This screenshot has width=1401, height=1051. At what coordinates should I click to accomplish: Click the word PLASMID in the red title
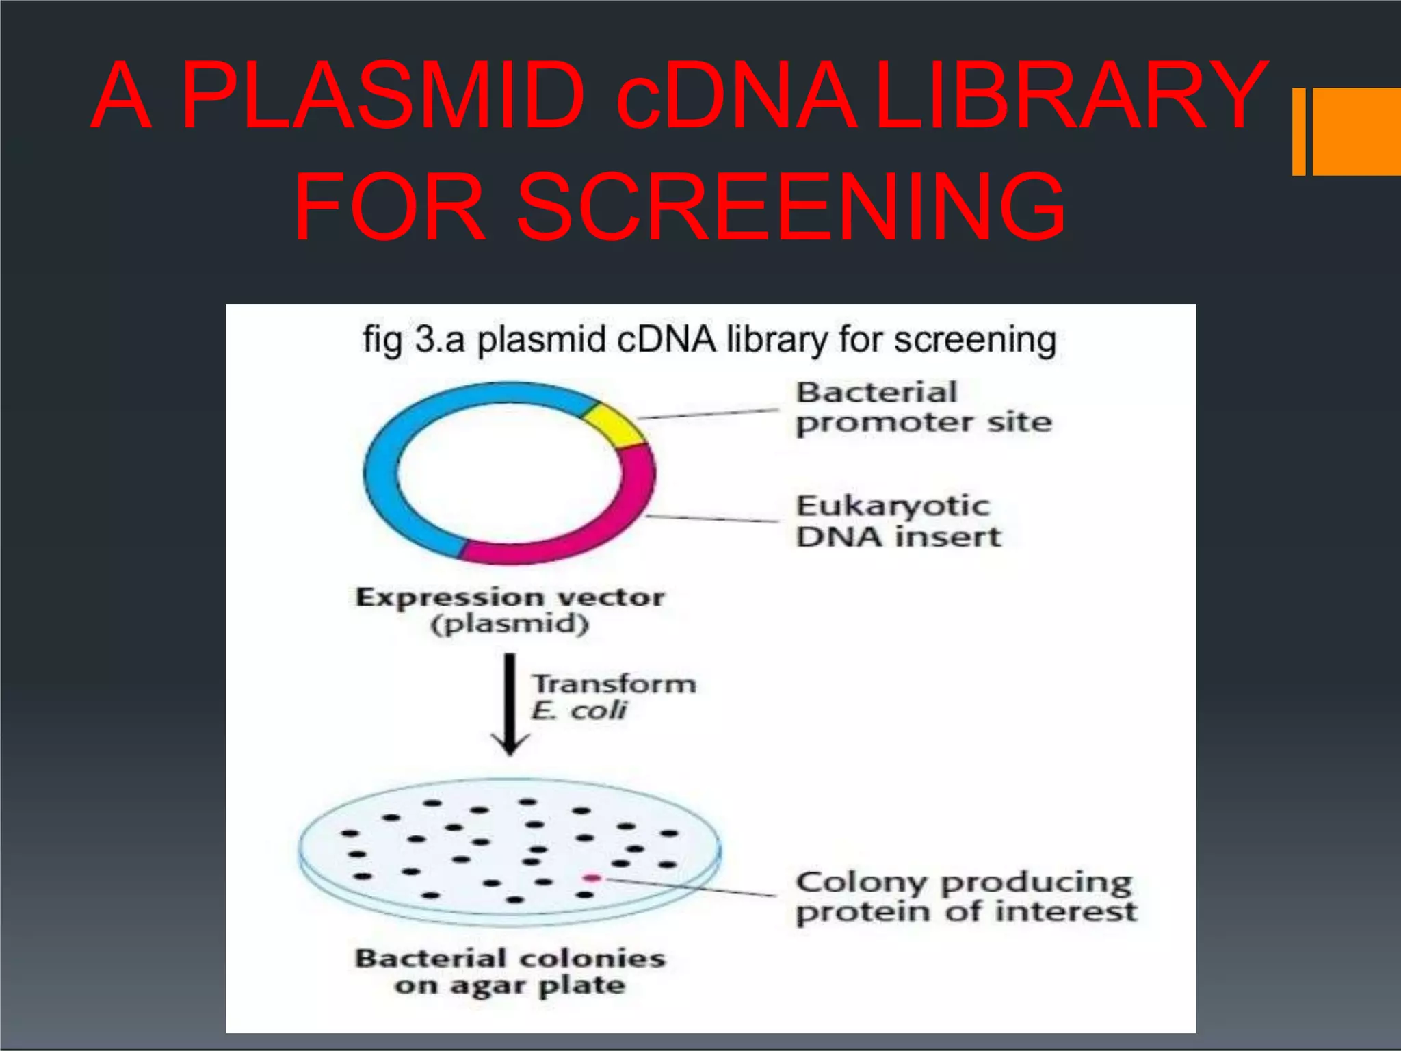click(x=383, y=96)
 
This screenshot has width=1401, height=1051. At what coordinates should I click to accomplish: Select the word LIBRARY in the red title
click(x=1071, y=96)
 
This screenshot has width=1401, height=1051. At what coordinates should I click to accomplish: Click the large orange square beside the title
click(x=1357, y=131)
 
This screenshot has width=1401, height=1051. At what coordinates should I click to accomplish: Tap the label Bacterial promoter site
click(x=924, y=408)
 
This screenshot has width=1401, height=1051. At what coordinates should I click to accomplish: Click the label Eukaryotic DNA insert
click(x=898, y=521)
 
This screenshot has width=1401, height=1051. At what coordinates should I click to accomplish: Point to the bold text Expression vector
click(x=510, y=597)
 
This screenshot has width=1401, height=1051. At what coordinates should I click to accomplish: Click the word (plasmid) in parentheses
click(x=510, y=624)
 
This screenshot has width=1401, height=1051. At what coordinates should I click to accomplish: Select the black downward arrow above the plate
click(x=510, y=705)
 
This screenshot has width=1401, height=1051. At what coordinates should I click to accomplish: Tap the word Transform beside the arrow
click(x=614, y=684)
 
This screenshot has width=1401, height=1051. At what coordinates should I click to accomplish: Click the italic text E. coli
click(x=578, y=711)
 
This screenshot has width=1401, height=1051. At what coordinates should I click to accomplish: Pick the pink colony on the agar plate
click(x=592, y=878)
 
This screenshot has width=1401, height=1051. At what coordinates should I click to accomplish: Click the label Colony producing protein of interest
click(x=965, y=897)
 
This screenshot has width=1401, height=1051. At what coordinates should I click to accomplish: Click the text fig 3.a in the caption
click(x=404, y=340)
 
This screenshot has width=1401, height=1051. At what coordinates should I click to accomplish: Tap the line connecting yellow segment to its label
click(x=708, y=413)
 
